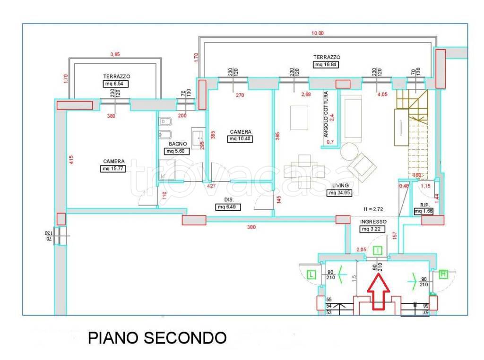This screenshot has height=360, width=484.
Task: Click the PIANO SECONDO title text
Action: [x=157, y=338]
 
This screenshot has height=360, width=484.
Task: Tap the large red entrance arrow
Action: [x=379, y=292]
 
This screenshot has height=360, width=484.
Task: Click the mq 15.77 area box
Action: [x=113, y=169]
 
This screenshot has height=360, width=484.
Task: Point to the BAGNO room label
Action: [x=176, y=144]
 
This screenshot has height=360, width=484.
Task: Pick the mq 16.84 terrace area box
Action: [x=327, y=65]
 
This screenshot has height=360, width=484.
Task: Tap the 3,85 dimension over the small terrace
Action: [x=115, y=54]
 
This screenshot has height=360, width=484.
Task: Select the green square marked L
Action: [x=311, y=274]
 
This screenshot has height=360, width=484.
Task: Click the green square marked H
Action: [x=443, y=274]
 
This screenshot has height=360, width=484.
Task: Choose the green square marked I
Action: [x=378, y=251]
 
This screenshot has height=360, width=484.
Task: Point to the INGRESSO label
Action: [x=373, y=222]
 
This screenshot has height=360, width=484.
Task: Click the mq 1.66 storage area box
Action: [x=424, y=212]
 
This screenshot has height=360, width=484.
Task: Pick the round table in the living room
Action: [x=350, y=152]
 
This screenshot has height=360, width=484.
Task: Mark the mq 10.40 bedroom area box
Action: [x=240, y=139]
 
